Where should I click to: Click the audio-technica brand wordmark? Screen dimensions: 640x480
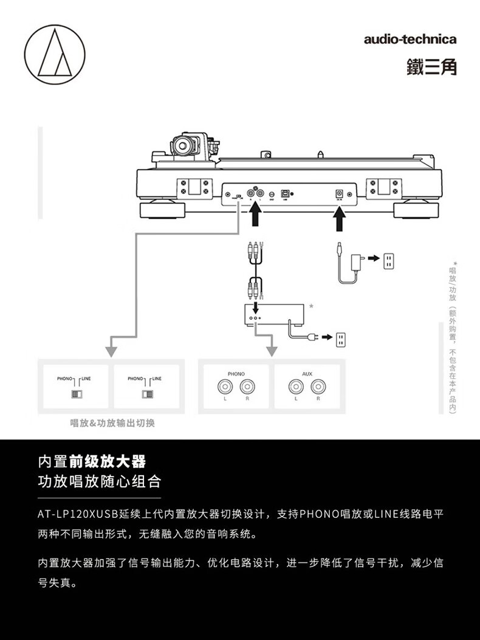[x=410, y=40]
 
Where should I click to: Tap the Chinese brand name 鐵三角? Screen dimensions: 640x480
[x=431, y=66]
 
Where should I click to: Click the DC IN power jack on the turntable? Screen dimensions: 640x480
[x=340, y=193]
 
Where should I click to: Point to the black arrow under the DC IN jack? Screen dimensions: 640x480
[x=340, y=219]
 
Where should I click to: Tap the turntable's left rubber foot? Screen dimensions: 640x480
[x=163, y=210]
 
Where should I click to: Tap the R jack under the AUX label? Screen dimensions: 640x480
[x=317, y=385]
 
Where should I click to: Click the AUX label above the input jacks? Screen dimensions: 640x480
[x=307, y=374]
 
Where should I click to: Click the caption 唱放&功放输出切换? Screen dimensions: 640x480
[x=112, y=423]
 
